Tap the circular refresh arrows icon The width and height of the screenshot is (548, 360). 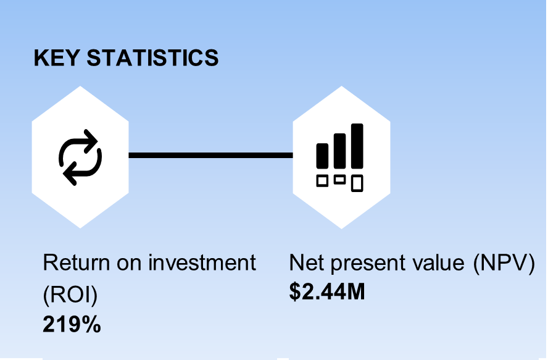coord(80,157)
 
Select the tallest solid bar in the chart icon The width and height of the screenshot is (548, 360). coord(357,146)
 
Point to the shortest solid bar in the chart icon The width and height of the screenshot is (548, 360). coord(323,156)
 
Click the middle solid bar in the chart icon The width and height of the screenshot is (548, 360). coord(340,151)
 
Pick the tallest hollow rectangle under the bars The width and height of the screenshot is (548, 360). coord(357,183)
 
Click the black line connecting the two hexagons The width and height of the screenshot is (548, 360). coord(210,155)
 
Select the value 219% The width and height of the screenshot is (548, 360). coord(72,324)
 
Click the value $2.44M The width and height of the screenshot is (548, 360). coord(327,291)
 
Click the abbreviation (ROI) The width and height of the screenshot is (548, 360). coord(70,295)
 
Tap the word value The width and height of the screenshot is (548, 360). coord(439,263)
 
